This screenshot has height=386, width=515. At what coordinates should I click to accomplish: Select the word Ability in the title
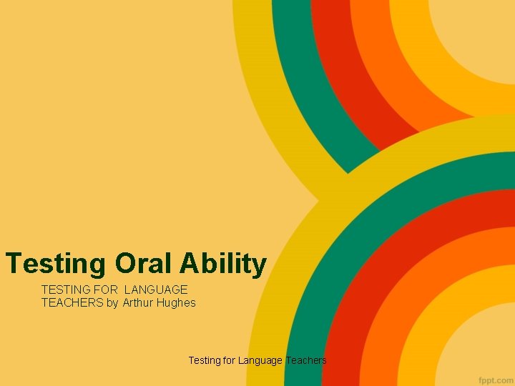[x=223, y=264]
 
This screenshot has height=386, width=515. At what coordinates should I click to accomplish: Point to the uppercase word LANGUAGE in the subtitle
[x=156, y=289]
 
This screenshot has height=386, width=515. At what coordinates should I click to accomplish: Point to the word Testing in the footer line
[x=205, y=360]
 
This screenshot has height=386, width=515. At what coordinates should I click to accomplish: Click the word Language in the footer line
[x=260, y=360]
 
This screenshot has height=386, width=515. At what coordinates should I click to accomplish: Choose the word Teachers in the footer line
[x=306, y=360]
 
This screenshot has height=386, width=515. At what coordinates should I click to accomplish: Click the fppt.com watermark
[x=493, y=376]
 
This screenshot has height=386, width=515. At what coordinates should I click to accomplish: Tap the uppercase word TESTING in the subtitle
[x=64, y=289]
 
